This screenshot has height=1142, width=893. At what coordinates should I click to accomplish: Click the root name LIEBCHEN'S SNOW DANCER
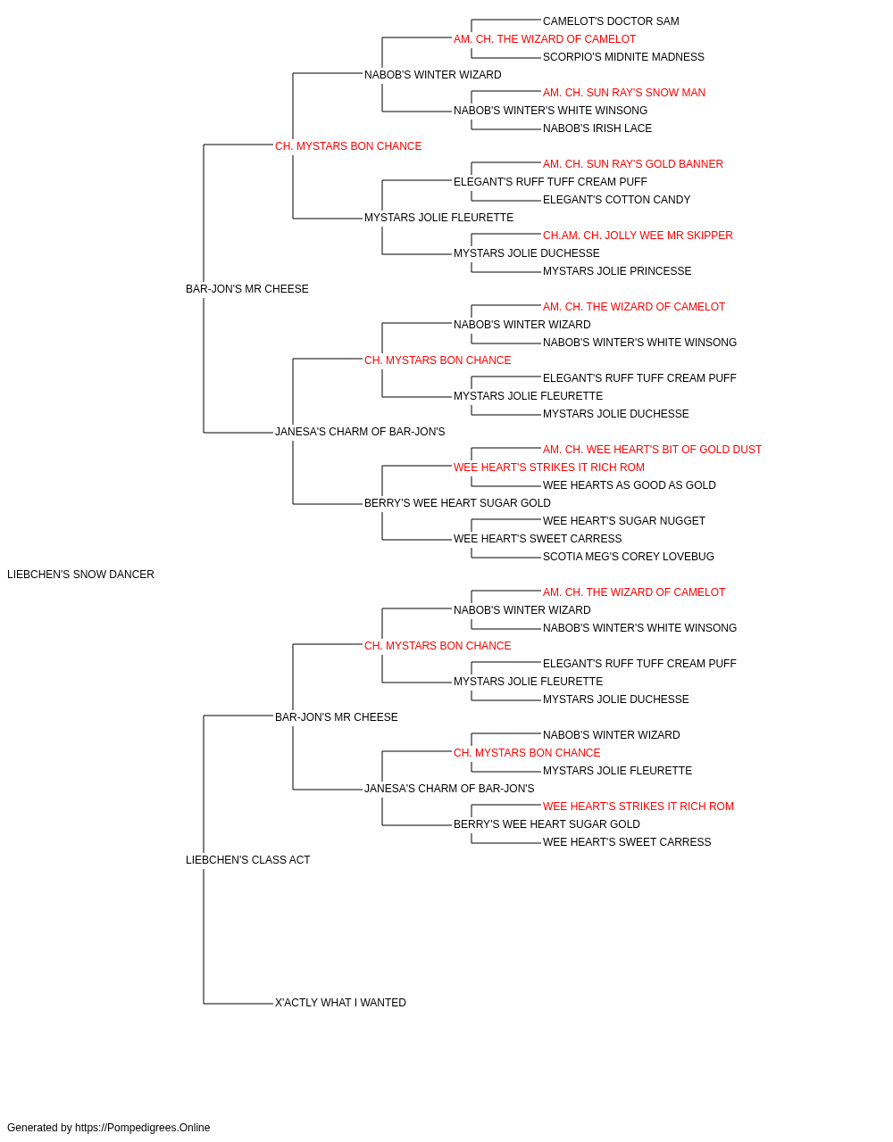click(x=80, y=575)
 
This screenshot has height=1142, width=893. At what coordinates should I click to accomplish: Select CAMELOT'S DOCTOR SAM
click(x=611, y=21)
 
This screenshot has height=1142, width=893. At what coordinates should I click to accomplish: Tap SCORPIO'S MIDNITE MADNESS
click(x=623, y=57)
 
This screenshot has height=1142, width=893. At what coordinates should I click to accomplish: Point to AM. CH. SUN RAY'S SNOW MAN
click(x=623, y=93)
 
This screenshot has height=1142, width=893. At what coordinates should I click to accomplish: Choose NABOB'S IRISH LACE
click(x=597, y=128)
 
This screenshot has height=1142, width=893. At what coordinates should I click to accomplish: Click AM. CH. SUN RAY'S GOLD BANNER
click(x=632, y=164)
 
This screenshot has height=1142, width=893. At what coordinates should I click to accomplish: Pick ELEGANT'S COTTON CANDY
click(x=616, y=200)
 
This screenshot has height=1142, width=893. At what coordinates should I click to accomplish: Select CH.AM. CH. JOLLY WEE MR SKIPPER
click(x=638, y=236)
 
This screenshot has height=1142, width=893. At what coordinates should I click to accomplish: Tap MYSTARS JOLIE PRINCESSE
click(x=617, y=271)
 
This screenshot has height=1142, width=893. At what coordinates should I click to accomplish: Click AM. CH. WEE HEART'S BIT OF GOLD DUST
click(x=652, y=450)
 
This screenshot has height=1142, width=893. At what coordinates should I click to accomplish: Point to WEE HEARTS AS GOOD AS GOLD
click(x=629, y=485)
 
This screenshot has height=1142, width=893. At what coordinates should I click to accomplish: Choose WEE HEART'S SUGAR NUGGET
click(x=623, y=521)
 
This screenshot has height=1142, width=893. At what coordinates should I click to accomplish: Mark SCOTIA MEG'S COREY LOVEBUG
click(x=629, y=557)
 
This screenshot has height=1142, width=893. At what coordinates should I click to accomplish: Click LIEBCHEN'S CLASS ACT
click(x=247, y=860)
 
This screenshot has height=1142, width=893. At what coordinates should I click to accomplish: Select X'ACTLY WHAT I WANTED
click(x=340, y=1003)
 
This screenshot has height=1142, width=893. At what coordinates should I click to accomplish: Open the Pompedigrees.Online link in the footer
click(x=143, y=1128)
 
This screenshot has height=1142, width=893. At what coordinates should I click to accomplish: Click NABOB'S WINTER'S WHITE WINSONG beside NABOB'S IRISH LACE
click(x=550, y=111)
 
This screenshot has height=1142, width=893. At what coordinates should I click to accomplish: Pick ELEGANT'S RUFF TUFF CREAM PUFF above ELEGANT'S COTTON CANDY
click(x=550, y=182)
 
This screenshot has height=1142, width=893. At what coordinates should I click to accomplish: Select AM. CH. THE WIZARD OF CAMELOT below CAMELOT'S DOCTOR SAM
click(x=545, y=39)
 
